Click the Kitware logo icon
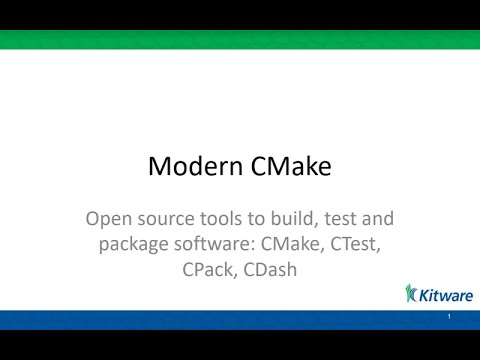(411, 293)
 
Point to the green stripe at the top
(240, 40)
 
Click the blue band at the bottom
(240, 320)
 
